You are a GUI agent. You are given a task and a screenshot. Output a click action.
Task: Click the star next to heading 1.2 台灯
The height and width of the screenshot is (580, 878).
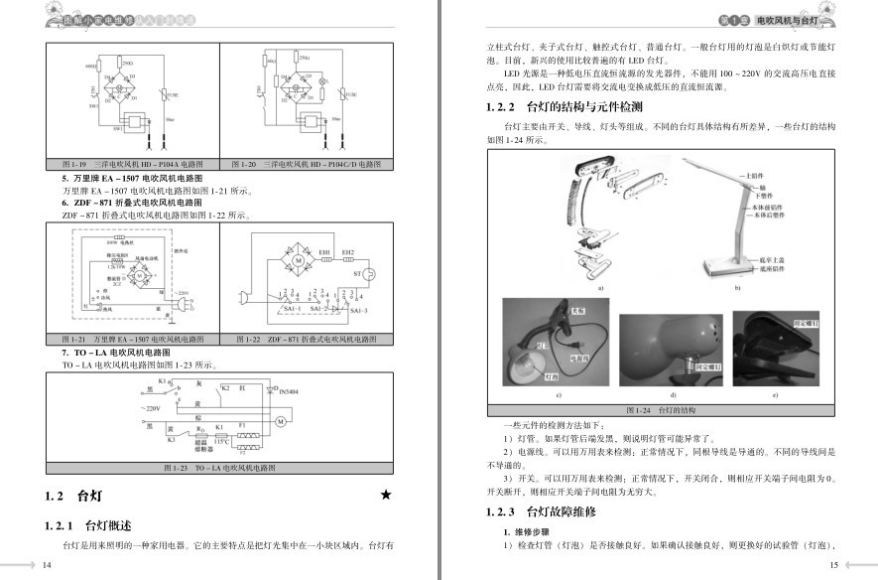click(x=386, y=494)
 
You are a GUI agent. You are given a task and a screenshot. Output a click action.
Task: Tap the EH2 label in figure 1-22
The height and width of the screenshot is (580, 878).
click(x=347, y=253)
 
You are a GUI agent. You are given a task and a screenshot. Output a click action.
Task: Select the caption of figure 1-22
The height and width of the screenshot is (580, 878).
click(x=307, y=340)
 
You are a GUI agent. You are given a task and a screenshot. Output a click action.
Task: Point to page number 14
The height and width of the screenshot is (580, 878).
click(x=45, y=565)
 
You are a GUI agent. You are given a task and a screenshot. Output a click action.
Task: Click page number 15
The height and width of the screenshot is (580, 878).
click(x=834, y=565)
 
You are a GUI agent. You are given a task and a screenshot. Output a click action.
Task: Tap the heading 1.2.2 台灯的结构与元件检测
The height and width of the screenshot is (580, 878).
click(x=564, y=106)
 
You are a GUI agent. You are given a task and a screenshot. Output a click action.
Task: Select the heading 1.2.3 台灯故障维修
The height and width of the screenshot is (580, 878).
click(x=542, y=512)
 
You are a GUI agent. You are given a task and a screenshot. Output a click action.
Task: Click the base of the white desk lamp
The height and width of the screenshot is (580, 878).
click(x=729, y=269)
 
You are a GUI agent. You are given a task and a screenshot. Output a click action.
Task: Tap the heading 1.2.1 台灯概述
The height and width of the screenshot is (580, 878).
click(x=88, y=525)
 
